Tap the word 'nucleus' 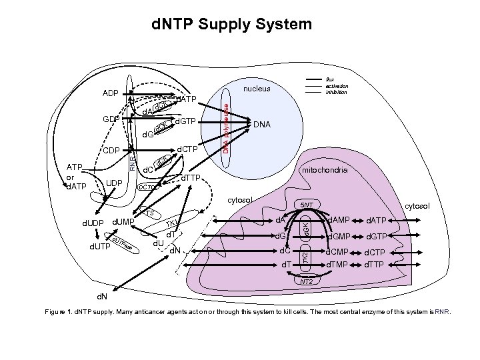tap(257, 88)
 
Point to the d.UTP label tap(91, 248)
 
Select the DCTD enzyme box tap(147, 189)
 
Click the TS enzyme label tap(150, 213)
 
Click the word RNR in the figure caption tap(442, 311)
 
